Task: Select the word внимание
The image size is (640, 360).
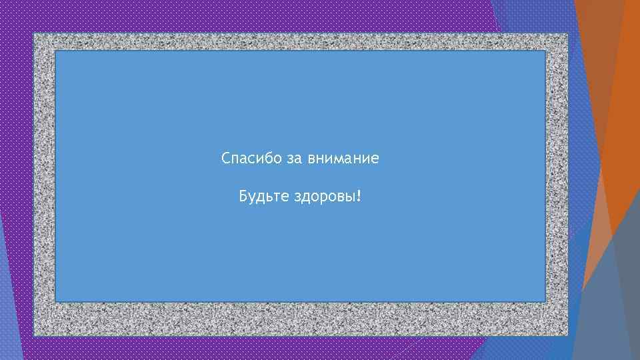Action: pyautogui.click(x=343, y=159)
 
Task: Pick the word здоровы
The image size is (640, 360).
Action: pyautogui.click(x=324, y=197)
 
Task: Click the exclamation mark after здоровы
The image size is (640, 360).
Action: pyautogui.click(x=359, y=197)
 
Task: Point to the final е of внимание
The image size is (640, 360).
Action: pyautogui.click(x=375, y=160)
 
